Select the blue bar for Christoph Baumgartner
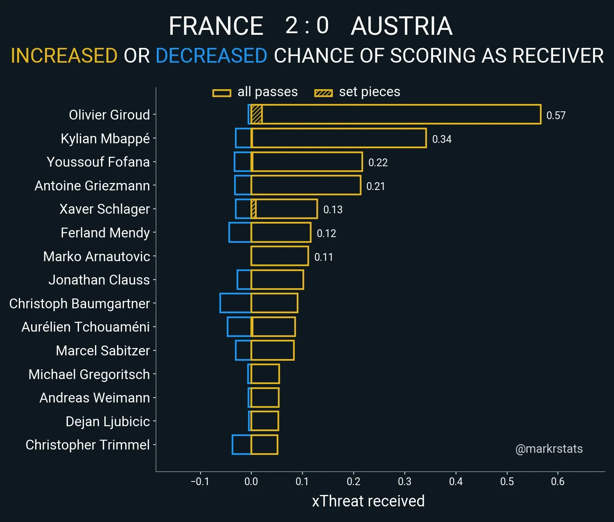(235, 303)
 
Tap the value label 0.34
(442, 139)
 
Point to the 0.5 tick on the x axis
(507, 481)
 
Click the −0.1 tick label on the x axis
(200, 481)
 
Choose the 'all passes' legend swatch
(221, 93)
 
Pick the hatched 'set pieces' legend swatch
(323, 93)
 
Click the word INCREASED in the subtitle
(64, 56)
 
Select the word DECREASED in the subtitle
(211, 56)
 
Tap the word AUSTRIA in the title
(402, 26)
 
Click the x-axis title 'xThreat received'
(368, 501)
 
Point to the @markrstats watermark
(549, 449)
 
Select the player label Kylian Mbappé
(105, 138)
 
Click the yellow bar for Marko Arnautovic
(280, 256)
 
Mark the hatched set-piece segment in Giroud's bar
(257, 114)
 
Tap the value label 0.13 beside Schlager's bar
(332, 210)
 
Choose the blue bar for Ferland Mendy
(240, 233)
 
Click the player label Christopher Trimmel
(88, 445)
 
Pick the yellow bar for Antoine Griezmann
(306, 185)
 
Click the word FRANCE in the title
(216, 26)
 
